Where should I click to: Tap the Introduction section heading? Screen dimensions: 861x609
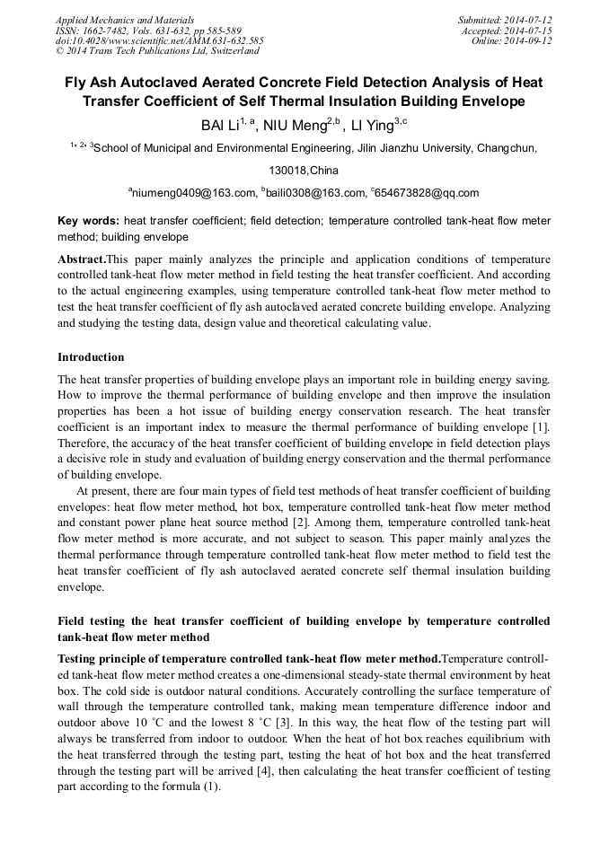coord(91,357)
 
